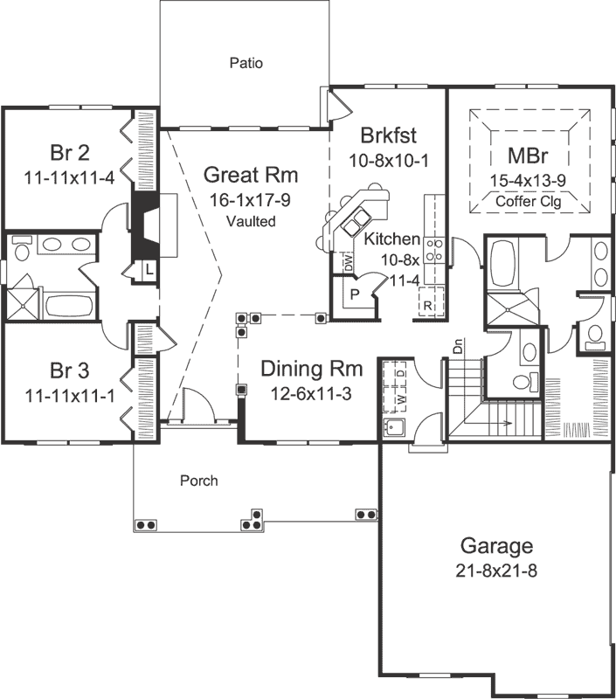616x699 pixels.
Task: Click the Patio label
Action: (x=246, y=63)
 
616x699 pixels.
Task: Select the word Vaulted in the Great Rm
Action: (x=250, y=221)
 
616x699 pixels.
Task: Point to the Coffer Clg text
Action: (x=528, y=199)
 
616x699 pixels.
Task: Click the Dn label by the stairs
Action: (x=458, y=346)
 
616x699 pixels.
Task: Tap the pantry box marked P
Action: (x=355, y=294)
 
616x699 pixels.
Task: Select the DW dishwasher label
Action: (x=347, y=260)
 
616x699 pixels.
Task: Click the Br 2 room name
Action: (x=70, y=154)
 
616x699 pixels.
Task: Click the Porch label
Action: (x=198, y=481)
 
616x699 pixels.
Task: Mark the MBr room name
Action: (x=528, y=157)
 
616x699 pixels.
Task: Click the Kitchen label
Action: (x=392, y=239)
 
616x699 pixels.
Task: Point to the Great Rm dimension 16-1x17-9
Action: (x=250, y=199)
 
